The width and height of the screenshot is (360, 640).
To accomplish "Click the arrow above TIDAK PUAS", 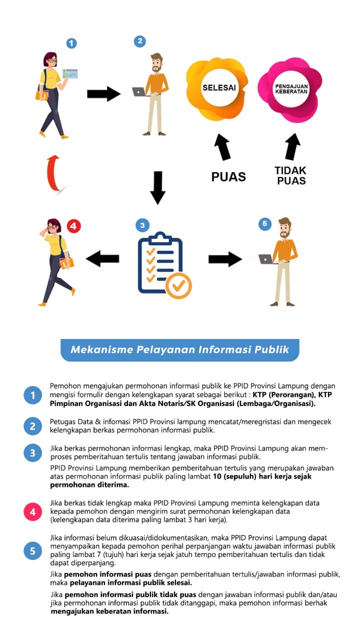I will click(292, 146).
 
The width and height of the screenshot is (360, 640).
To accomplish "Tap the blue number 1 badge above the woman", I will click(72, 43).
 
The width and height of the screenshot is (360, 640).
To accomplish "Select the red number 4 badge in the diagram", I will click(73, 226).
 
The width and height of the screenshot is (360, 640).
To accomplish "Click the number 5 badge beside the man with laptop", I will click(264, 223).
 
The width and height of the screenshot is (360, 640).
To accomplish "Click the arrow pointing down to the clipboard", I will click(157, 187).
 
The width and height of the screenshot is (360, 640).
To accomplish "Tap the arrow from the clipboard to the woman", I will click(102, 258).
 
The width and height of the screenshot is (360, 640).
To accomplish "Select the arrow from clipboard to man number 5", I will click(225, 259).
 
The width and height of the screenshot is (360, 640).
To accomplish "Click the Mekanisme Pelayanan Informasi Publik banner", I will click(180, 349).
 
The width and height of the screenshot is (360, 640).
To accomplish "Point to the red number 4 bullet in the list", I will click(32, 512).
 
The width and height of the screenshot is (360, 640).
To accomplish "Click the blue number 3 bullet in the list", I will click(32, 453).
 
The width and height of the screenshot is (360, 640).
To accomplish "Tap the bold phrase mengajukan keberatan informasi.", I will click(109, 611).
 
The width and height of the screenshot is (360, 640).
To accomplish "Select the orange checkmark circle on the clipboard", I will click(178, 285).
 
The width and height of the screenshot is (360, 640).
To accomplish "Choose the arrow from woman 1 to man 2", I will click(103, 94).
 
